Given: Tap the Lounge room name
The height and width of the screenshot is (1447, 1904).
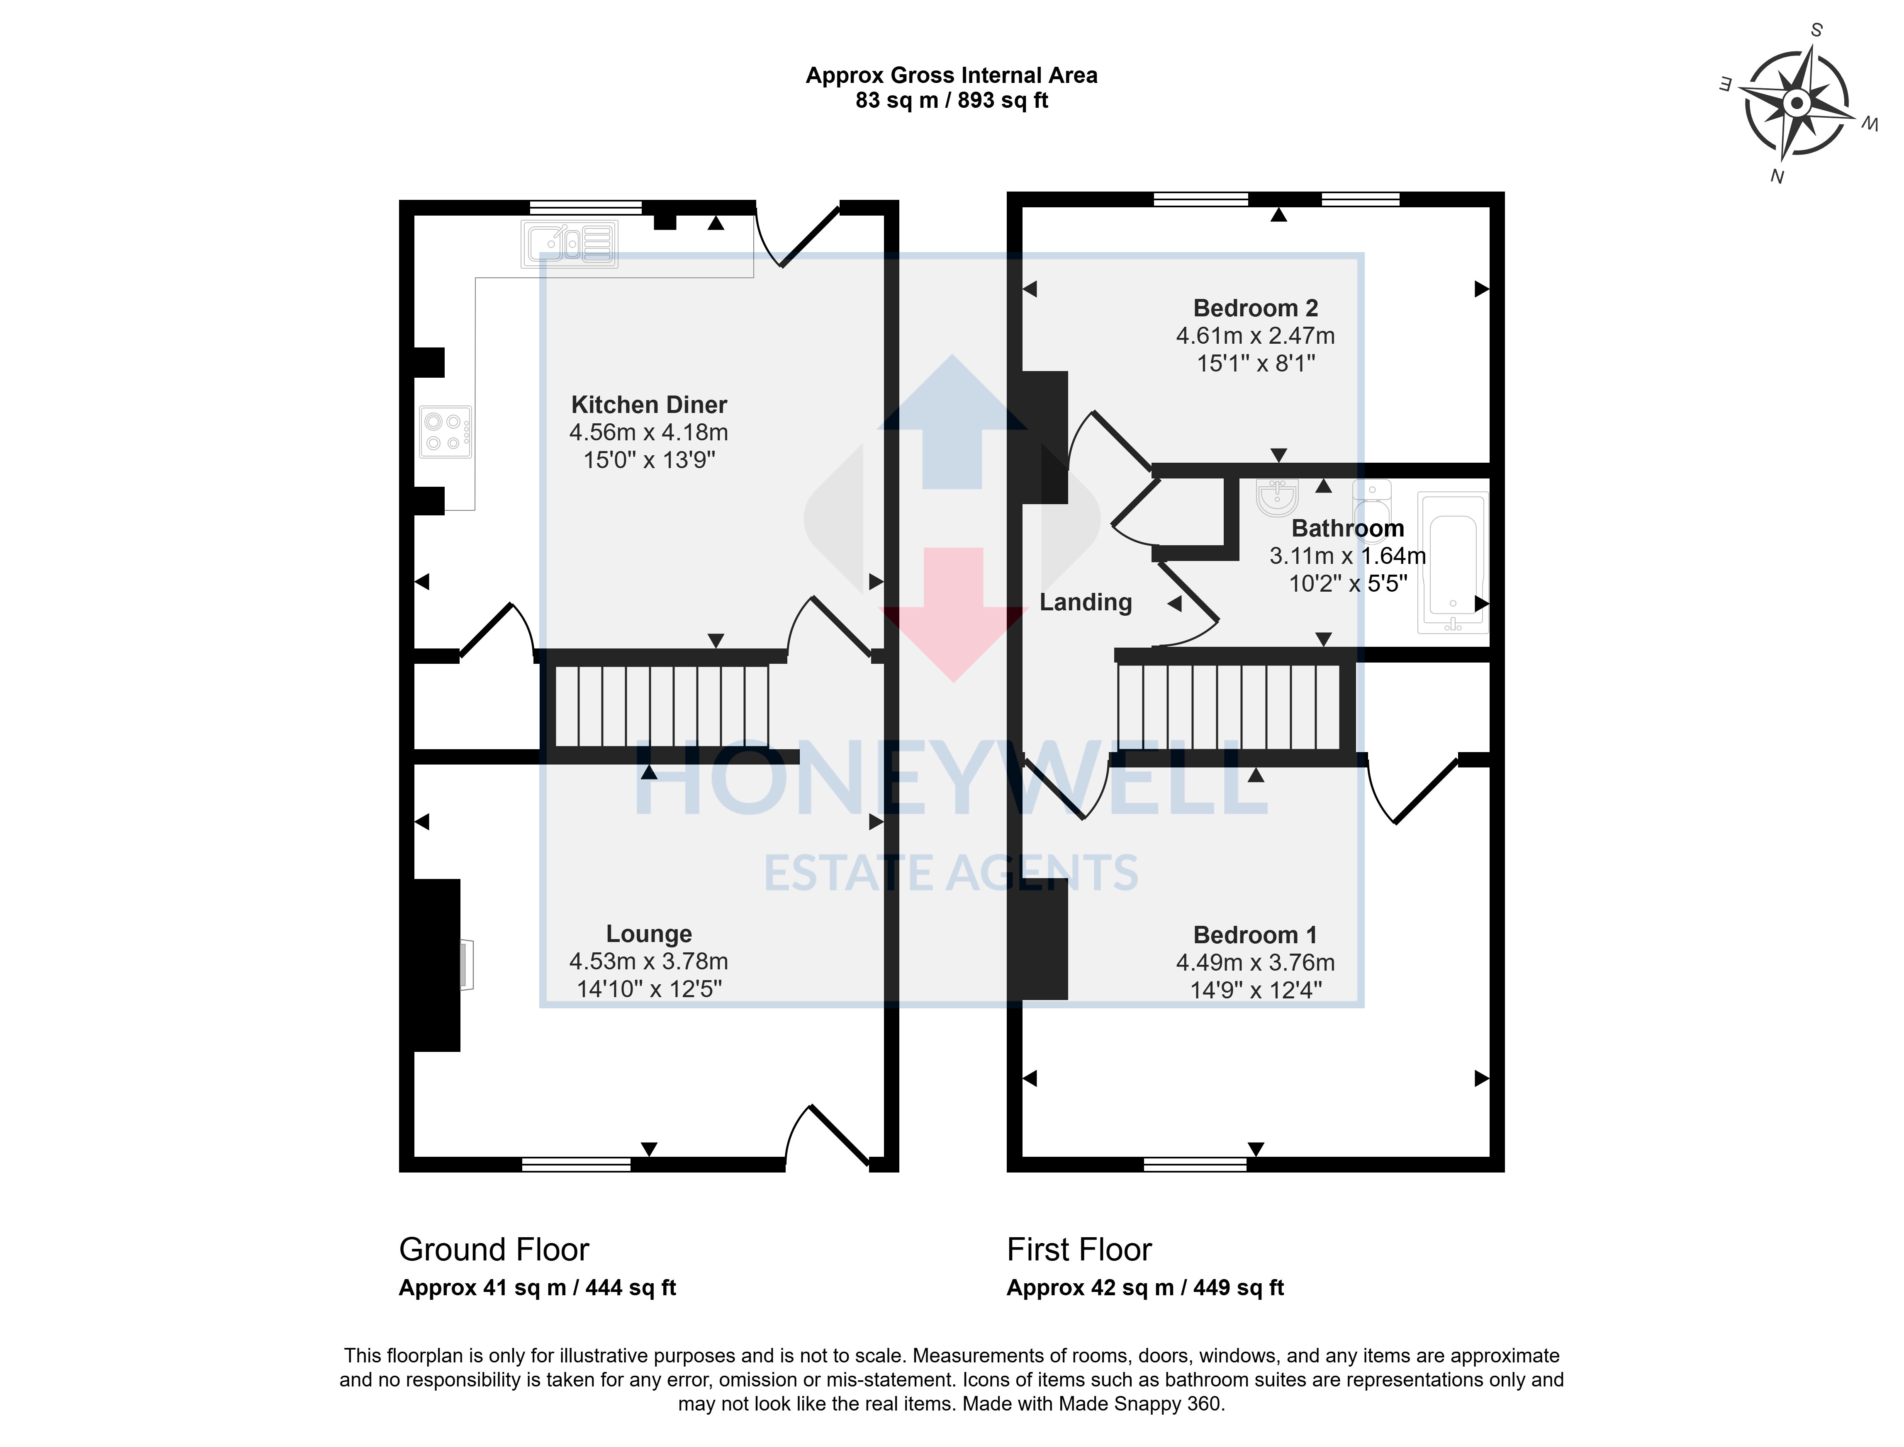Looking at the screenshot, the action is [x=649, y=934].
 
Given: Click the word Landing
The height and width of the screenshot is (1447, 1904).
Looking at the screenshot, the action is [x=1086, y=602].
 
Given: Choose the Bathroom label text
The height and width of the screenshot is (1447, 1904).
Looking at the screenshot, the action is [x=1347, y=528].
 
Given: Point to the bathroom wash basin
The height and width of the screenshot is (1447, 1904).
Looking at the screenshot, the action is [x=1277, y=497].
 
